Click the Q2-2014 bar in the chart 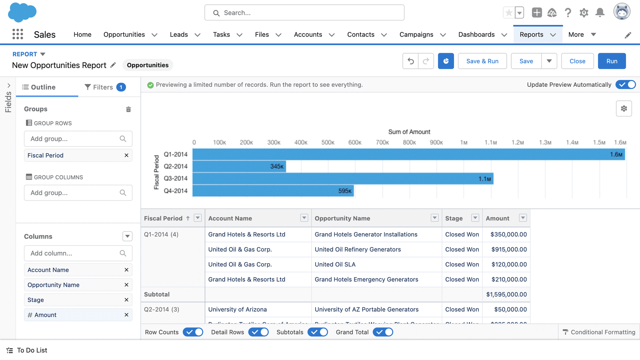(x=239, y=166)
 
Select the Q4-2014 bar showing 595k (x=273, y=191)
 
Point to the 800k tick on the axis (x=409, y=142)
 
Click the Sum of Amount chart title (x=409, y=132)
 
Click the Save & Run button (x=482, y=61)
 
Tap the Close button (x=577, y=61)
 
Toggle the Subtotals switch (x=318, y=332)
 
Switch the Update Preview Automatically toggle (x=626, y=84)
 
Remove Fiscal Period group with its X (x=126, y=155)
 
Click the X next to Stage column (x=126, y=300)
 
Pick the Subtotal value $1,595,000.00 (x=506, y=294)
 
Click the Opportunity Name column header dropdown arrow (x=434, y=218)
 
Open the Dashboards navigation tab (x=476, y=34)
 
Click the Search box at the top (x=304, y=13)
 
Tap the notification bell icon (x=600, y=13)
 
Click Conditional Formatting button (x=599, y=332)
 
